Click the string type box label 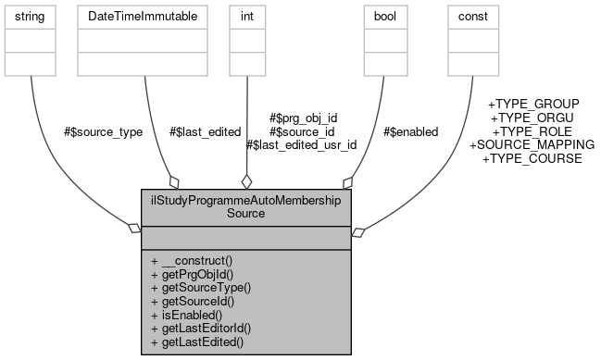tap(31, 17)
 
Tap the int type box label tap(245, 17)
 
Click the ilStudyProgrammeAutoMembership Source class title tap(246, 205)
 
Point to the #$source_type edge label tap(103, 132)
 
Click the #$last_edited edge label tap(205, 132)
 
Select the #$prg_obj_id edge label tap(303, 118)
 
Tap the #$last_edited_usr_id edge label tap(302, 145)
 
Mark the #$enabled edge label tap(410, 132)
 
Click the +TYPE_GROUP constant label tap(533, 104)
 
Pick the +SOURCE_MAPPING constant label tap(532, 145)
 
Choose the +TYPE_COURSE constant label tap(532, 159)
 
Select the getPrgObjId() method tap(192, 275)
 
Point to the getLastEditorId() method tap(201, 329)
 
